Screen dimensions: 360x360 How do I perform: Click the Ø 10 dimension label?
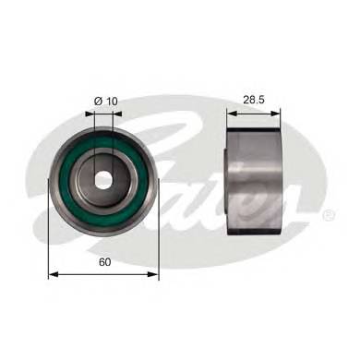coord(106,101)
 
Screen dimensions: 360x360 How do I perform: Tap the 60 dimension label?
coord(104,262)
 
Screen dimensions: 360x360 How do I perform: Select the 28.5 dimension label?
coord(254,100)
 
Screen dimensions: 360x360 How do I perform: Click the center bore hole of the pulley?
coord(103,180)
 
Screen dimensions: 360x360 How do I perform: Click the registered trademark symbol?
coord(328,215)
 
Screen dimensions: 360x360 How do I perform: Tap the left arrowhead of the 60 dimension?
coord(54,274)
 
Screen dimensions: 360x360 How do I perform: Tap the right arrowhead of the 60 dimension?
coord(153,274)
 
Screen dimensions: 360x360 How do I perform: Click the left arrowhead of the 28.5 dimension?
coord(232,114)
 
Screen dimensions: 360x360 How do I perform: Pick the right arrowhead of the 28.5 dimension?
coord(275,114)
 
